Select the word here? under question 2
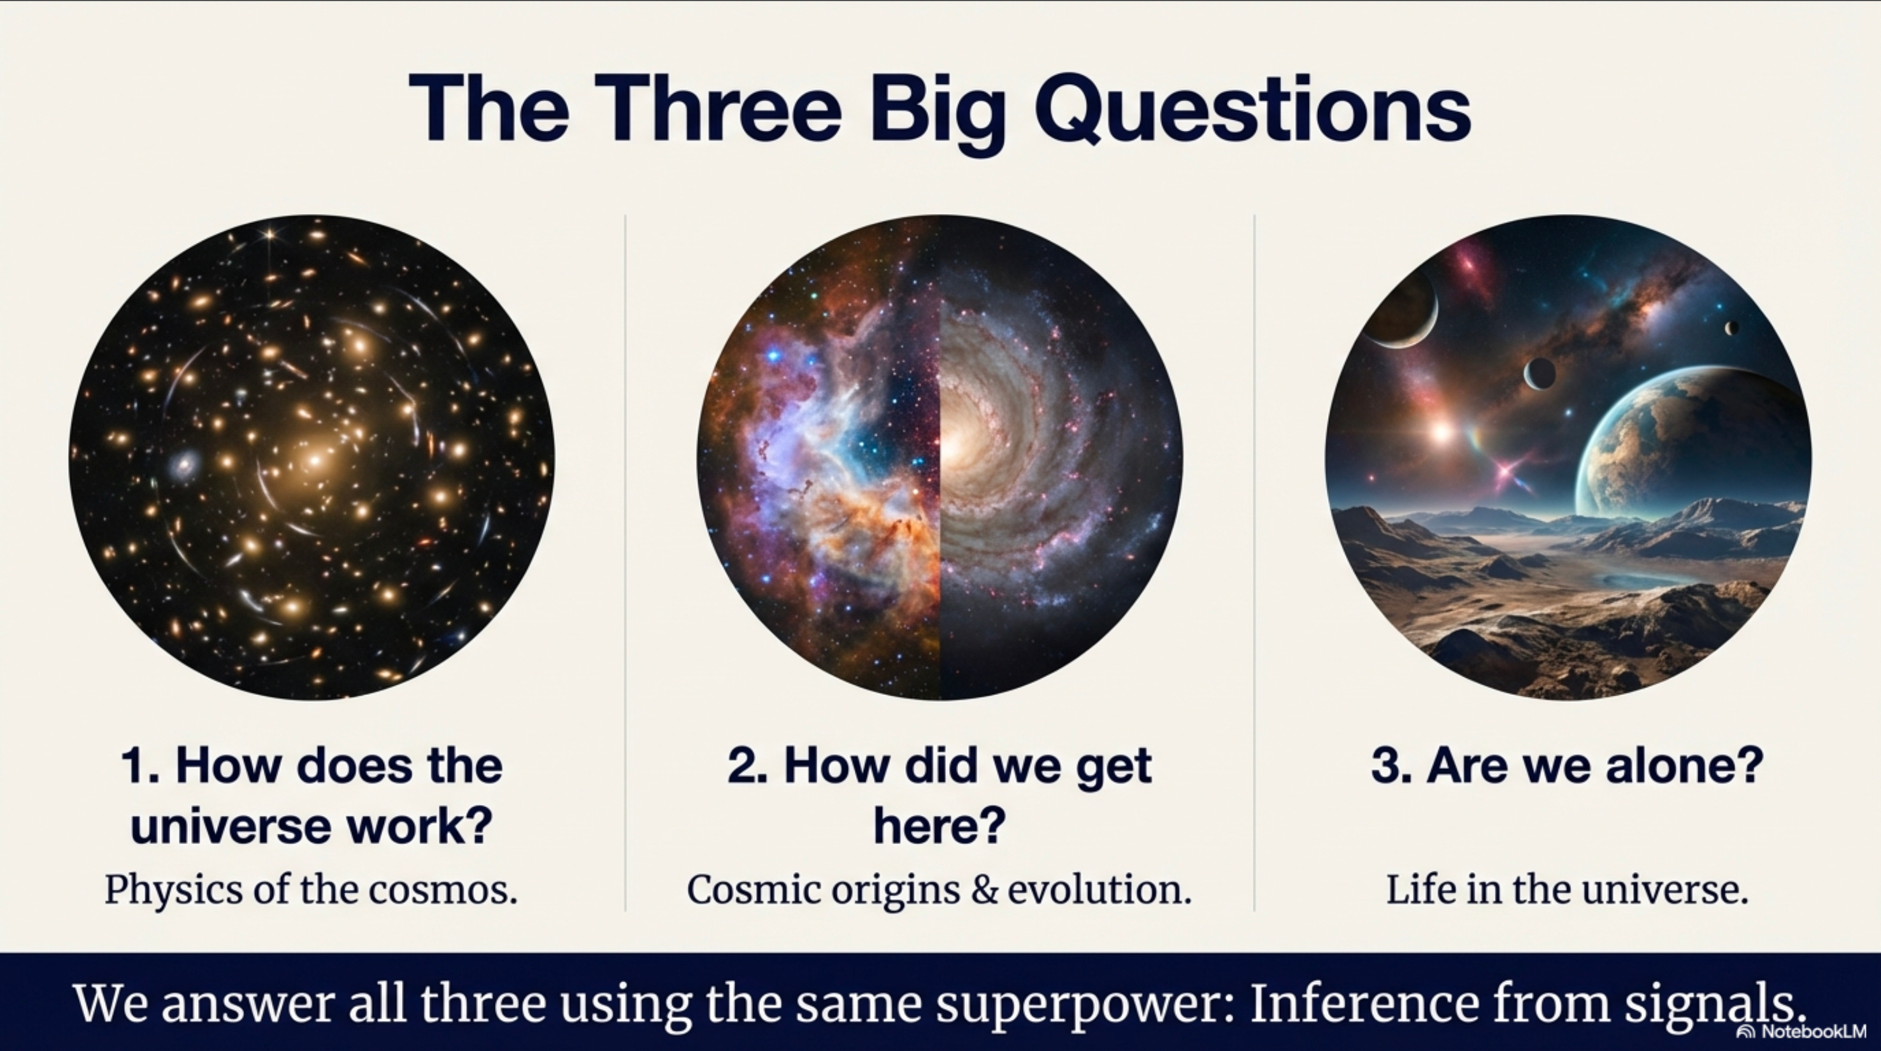pos(940,826)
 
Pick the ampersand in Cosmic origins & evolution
pos(984,890)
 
